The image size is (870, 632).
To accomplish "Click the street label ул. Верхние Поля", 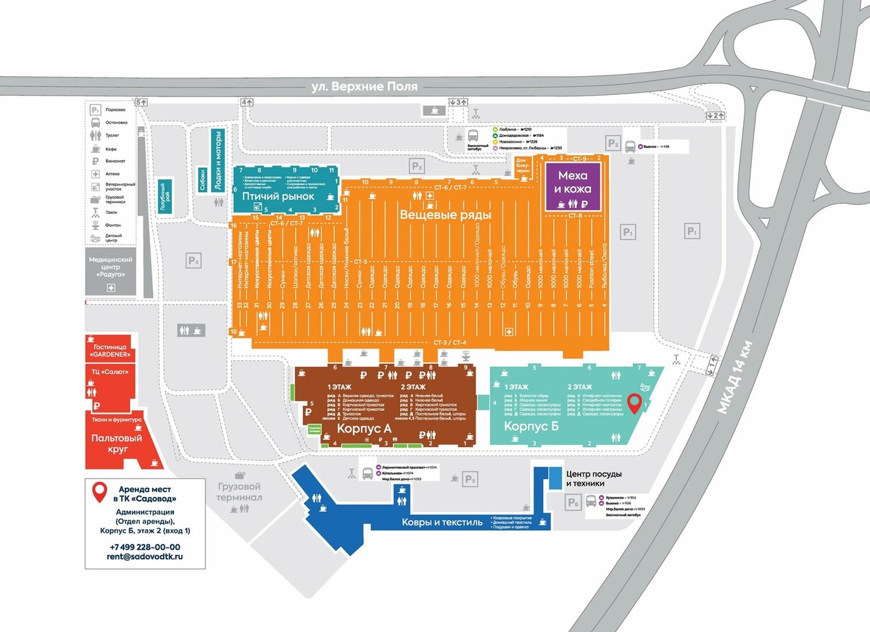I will coord(364,86).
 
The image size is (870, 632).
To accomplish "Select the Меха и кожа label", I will coord(573,182).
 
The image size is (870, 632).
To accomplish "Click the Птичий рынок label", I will coord(278,196).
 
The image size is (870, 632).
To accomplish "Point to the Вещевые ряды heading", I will coord(445,215).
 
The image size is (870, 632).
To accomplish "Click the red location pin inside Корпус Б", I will coord(634,403).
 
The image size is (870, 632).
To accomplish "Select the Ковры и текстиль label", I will coord(436,522).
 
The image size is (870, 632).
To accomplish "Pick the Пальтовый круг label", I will coord(117,444).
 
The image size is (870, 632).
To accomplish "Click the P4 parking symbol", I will coord(193,260).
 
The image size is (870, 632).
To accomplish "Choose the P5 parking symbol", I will coord(471,478).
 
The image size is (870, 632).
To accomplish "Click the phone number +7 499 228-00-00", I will coord(145,546).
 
